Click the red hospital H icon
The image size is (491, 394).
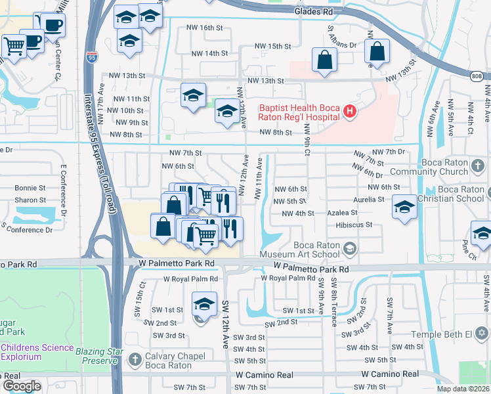pos(350,112)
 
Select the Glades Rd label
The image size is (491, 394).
pos(318,11)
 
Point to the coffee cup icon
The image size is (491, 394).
pos(53,26)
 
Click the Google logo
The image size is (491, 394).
pos(21,385)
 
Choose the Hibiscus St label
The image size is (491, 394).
pos(354,225)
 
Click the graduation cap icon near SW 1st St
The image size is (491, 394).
pos(204,305)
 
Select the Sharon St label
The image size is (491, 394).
pos(30,200)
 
